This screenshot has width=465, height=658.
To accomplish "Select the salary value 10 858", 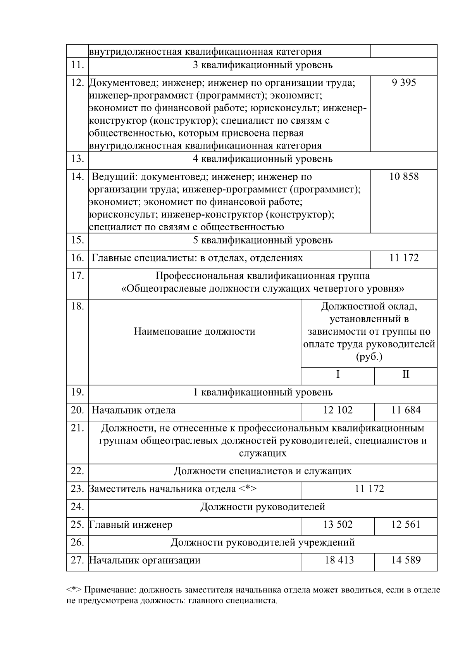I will [x=404, y=177].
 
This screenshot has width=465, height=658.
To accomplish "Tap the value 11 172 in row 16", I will [x=404, y=258].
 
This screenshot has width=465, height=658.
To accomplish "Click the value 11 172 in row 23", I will [x=369, y=489].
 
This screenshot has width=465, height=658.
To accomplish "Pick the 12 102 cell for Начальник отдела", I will [x=338, y=410].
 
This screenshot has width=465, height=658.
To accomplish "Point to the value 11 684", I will [x=406, y=410].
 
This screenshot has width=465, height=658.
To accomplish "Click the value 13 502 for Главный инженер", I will [x=338, y=525].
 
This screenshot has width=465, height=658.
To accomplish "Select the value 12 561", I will [x=406, y=525].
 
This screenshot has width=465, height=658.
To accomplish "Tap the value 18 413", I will [x=339, y=560].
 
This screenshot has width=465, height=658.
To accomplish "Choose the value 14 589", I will [x=406, y=560].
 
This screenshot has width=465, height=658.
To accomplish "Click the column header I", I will [x=338, y=375].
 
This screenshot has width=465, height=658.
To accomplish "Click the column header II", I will [x=406, y=375].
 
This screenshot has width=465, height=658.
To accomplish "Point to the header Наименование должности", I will [x=195, y=332].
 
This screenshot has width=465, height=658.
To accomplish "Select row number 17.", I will [x=77, y=276].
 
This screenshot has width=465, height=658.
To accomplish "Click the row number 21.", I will [x=77, y=428].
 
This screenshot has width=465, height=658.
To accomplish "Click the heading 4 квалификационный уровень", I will [x=263, y=159].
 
